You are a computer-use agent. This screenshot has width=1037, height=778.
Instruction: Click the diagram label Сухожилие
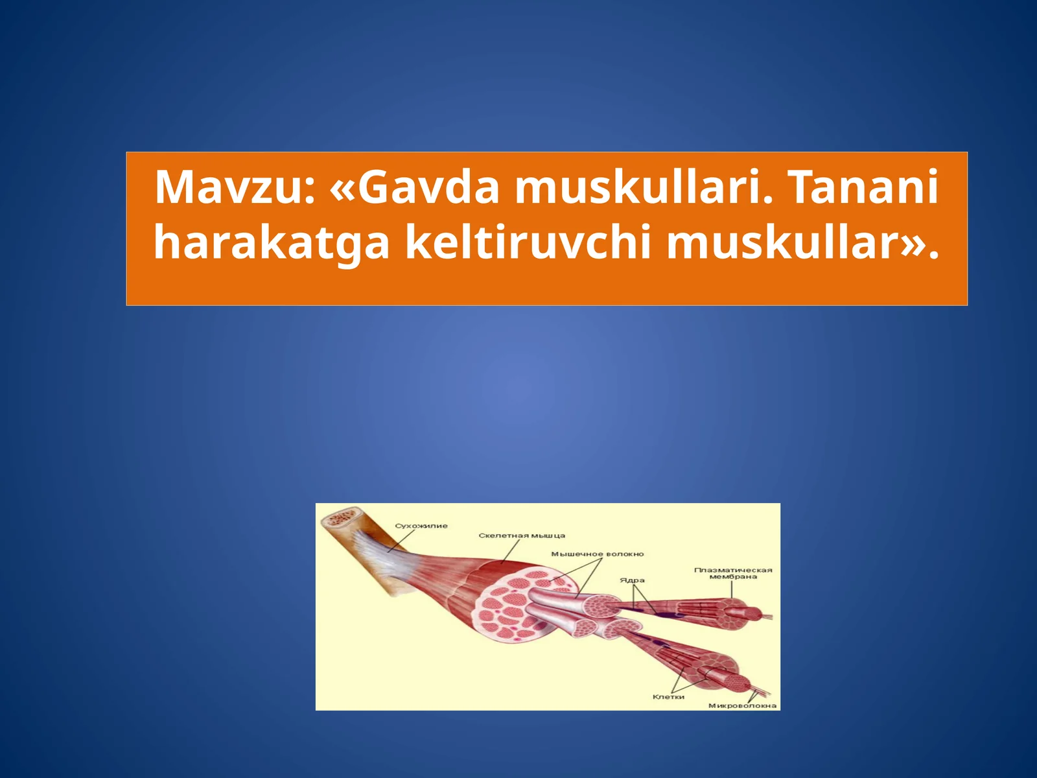(x=421, y=526)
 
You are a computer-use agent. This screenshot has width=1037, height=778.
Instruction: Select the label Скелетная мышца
(x=522, y=536)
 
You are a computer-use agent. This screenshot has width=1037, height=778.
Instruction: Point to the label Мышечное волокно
(x=598, y=554)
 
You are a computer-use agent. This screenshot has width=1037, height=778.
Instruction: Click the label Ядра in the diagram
(x=632, y=580)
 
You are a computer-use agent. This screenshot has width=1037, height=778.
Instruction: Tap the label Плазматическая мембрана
(x=733, y=573)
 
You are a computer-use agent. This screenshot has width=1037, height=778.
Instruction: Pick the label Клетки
(x=668, y=697)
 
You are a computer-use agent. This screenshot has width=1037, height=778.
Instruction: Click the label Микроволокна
(x=743, y=705)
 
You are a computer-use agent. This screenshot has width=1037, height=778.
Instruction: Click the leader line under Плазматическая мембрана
(x=733, y=589)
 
